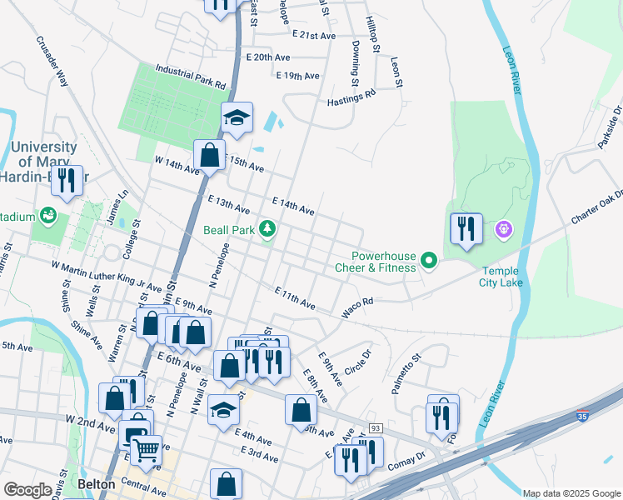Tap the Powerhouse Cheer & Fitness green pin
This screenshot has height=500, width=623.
tap(429, 262)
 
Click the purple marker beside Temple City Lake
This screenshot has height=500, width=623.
tap(502, 228)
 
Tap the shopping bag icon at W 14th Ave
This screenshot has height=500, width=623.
tap(209, 154)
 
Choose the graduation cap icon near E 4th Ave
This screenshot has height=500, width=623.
tap(223, 409)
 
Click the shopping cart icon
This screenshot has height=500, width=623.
tap(147, 450)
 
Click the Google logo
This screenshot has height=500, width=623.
tap(28, 489)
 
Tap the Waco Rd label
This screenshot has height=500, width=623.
tap(356, 308)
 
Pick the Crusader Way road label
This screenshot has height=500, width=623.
tap(51, 61)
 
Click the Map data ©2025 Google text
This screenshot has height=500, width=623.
tap(571, 493)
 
